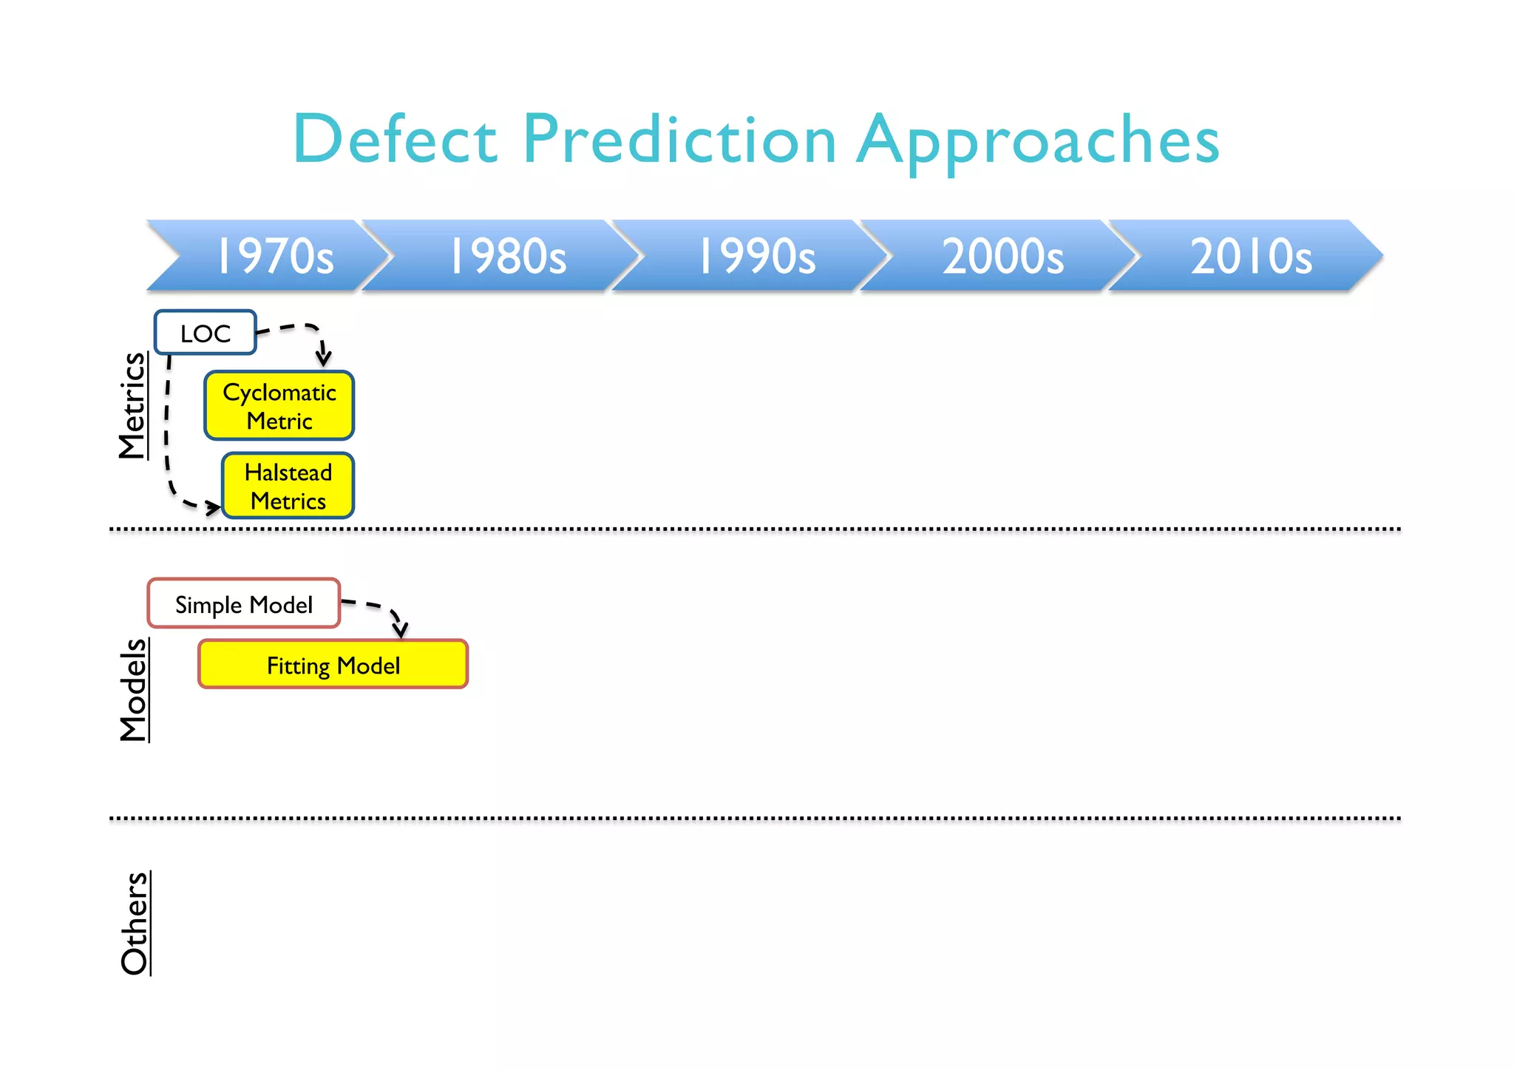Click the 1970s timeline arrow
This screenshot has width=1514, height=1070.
pos(274,256)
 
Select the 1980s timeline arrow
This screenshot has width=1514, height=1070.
pos(509,256)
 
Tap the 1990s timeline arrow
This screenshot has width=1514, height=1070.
pos(757,256)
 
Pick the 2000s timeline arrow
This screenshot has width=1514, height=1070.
pos(1003,256)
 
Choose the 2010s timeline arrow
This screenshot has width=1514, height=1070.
pos(1251,256)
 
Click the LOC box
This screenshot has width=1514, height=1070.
pos(206,333)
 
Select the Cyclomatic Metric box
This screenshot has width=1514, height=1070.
pos(279,406)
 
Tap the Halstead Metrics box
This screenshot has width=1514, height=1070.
pos(288,486)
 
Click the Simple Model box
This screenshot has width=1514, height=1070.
pos(244,604)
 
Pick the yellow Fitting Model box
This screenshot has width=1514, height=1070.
pos(333,665)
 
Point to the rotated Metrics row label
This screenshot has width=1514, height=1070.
pos(133,405)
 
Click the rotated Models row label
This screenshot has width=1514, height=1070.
pos(134,689)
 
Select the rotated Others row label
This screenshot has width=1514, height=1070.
pos(135,923)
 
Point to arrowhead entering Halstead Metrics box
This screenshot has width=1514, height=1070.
pos(214,507)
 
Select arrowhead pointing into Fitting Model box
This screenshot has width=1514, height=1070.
pos(401,630)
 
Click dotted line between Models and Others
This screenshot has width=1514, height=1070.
pos(754,819)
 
